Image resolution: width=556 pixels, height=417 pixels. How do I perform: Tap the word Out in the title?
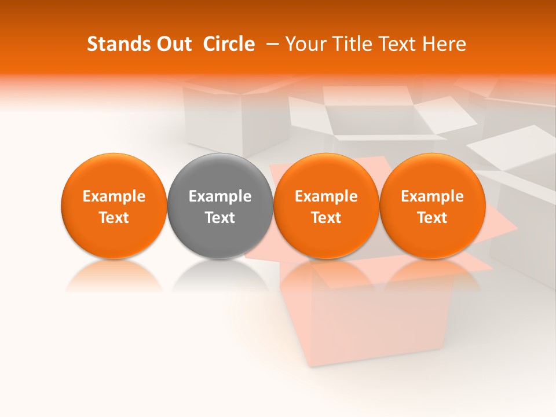pyautogui.click(x=172, y=44)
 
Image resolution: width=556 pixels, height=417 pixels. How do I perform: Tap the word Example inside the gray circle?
pyautogui.click(x=220, y=196)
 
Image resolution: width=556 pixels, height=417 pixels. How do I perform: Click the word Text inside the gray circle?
pyautogui.click(x=220, y=218)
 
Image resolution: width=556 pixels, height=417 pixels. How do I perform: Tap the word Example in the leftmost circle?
pyautogui.click(x=114, y=196)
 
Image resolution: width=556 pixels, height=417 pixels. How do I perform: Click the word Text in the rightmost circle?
pyautogui.click(x=432, y=218)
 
